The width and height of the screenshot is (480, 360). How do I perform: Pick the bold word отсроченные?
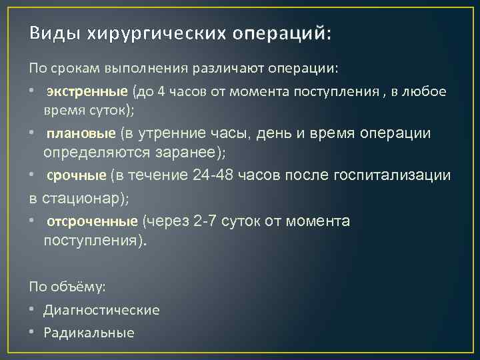(x=93, y=221)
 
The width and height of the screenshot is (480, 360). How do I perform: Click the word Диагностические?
(x=101, y=310)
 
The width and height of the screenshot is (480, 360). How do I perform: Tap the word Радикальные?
(x=89, y=333)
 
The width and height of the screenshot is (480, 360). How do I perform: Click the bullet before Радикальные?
(x=32, y=333)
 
